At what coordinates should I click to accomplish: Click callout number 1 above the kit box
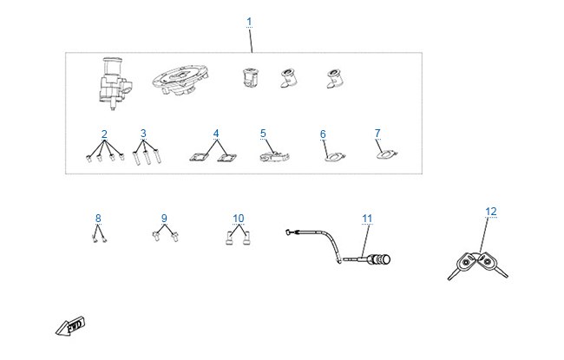click(249, 22)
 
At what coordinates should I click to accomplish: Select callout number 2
click(104, 134)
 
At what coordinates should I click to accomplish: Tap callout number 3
click(143, 134)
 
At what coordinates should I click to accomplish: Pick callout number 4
click(216, 134)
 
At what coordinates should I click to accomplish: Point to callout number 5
click(263, 134)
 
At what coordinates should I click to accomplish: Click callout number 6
click(323, 134)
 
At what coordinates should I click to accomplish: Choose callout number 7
click(377, 133)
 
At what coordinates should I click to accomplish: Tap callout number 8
click(98, 219)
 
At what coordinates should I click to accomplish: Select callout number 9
click(164, 219)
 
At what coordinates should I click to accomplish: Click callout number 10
click(239, 219)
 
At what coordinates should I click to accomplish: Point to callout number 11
click(367, 219)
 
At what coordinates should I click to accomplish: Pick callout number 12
click(491, 212)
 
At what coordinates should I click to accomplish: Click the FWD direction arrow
click(70, 326)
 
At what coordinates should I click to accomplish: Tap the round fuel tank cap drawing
click(180, 80)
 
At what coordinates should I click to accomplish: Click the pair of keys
click(478, 265)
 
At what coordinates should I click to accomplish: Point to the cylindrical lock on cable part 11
click(381, 259)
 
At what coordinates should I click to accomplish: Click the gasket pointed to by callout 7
click(387, 154)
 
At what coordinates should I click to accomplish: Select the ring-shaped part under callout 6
click(335, 157)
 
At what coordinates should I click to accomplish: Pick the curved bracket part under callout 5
click(274, 157)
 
